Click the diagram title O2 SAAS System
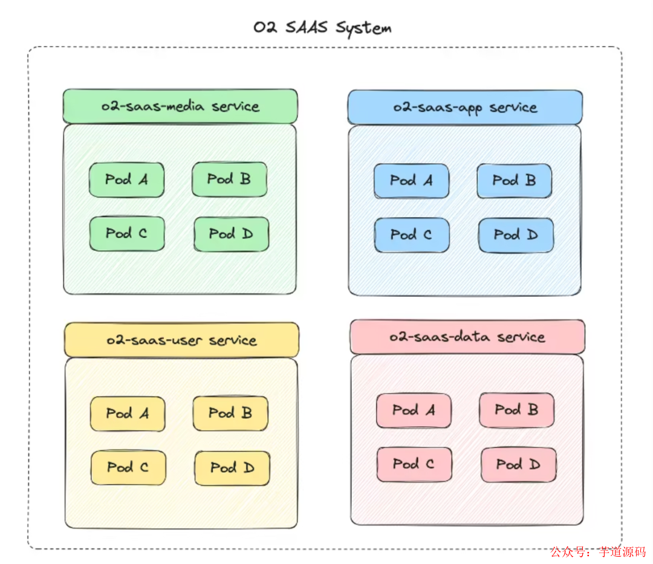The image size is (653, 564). pyautogui.click(x=322, y=28)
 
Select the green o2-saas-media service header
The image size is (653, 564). pyautogui.click(x=180, y=106)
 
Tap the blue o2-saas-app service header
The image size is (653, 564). pyautogui.click(x=465, y=108)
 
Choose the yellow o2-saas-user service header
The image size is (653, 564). pyautogui.click(x=181, y=340)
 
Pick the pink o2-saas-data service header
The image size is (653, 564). pyautogui.click(x=467, y=337)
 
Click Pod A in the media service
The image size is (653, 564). pyautogui.click(x=126, y=180)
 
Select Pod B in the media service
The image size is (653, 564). pyautogui.click(x=229, y=179)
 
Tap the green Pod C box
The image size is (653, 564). pyautogui.click(x=126, y=233)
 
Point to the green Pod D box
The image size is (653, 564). pyautogui.click(x=231, y=234)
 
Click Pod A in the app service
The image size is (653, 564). pyautogui.click(x=411, y=181)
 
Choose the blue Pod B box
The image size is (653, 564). pyautogui.click(x=514, y=181)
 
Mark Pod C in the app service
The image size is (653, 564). pyautogui.click(x=411, y=235)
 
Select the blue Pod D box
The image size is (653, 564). pyautogui.click(x=516, y=235)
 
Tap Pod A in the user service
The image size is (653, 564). pyautogui.click(x=128, y=414)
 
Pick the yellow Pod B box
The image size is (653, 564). pyautogui.click(x=230, y=413)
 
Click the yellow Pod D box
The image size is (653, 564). pyautogui.click(x=232, y=468)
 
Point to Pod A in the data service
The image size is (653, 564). pyautogui.click(x=414, y=411)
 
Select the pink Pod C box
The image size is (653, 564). pyautogui.click(x=414, y=464)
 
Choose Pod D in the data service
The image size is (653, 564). pyautogui.click(x=518, y=465)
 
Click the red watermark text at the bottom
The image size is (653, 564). pyautogui.click(x=597, y=551)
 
